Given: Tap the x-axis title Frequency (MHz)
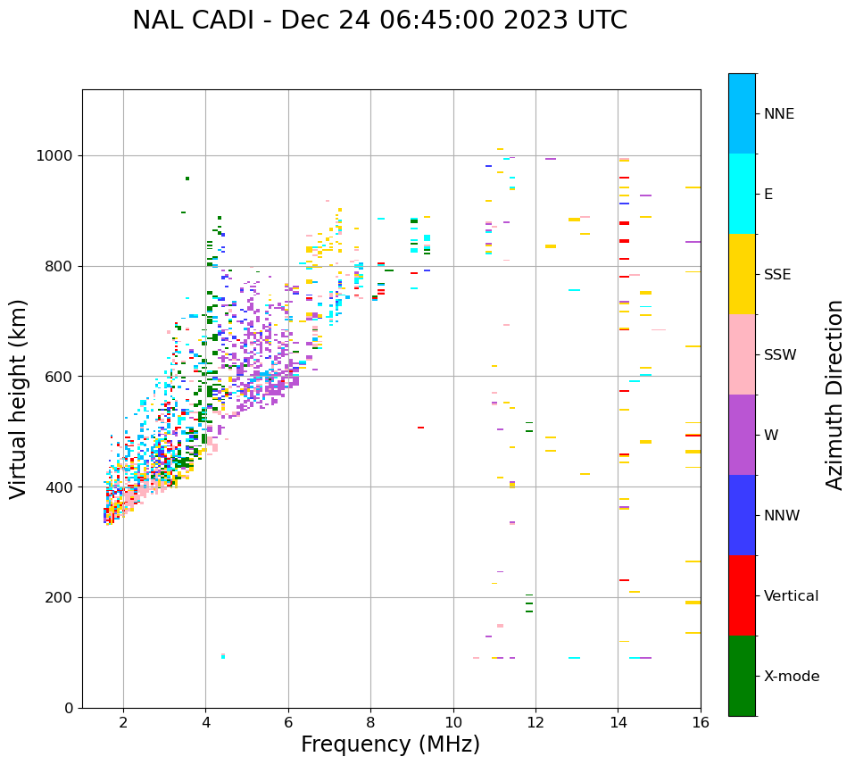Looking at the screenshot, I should pos(390,744).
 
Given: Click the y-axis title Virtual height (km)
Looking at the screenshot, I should pos(19,398).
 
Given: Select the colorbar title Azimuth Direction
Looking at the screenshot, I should pos(834,394).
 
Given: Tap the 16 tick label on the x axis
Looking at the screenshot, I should pos(701,722).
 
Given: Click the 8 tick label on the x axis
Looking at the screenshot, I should pos(370,722).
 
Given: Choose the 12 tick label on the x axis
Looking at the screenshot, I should pos(535,722).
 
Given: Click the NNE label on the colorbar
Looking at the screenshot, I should pos(779,114).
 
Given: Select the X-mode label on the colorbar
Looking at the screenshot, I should pos(792,677).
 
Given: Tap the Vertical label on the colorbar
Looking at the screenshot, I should pos(791,596).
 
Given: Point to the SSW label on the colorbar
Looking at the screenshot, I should pos(780,355).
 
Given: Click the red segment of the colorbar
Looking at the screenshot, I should pos(742,595).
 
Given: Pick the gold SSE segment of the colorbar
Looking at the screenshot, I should pos(742,274).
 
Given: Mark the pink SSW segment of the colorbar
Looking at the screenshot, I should pos(742,354).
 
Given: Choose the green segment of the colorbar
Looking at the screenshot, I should pos(742,676).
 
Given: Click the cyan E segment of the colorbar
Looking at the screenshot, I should pos(742,194).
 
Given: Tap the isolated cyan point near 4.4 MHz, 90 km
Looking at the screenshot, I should pos(223,656).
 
